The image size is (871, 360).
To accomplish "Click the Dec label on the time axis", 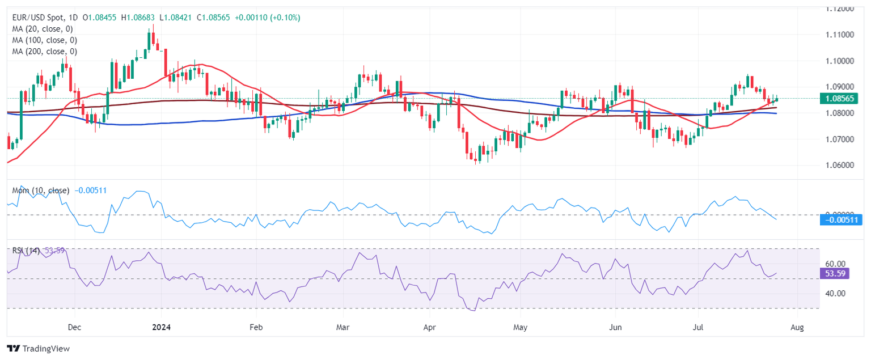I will pos(74,328).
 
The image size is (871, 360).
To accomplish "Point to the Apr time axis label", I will pos(430,328).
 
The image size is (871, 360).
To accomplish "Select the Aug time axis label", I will pos(797,328).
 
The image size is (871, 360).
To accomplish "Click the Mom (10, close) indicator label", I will pos(41,190).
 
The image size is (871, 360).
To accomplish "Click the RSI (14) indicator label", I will pos(26,251).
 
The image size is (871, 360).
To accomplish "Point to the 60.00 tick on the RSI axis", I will pos(835,264).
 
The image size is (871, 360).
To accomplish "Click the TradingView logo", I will pos(38,349).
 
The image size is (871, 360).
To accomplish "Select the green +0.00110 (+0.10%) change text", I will pos(265,18).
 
